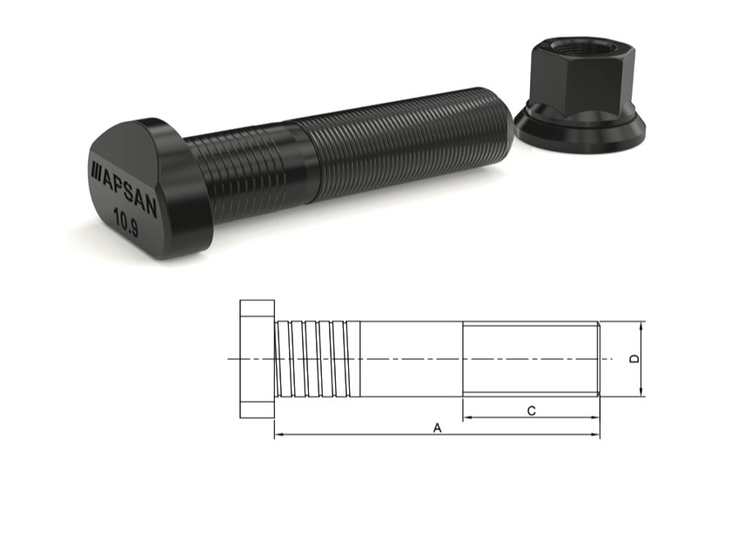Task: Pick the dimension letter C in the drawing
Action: [531, 410]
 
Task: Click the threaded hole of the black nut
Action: [581, 44]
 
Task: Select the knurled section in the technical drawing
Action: [317, 358]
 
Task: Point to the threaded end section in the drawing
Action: [530, 358]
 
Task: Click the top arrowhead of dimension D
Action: [641, 326]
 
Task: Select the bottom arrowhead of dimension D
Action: [641, 392]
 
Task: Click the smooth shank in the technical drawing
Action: [409, 358]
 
